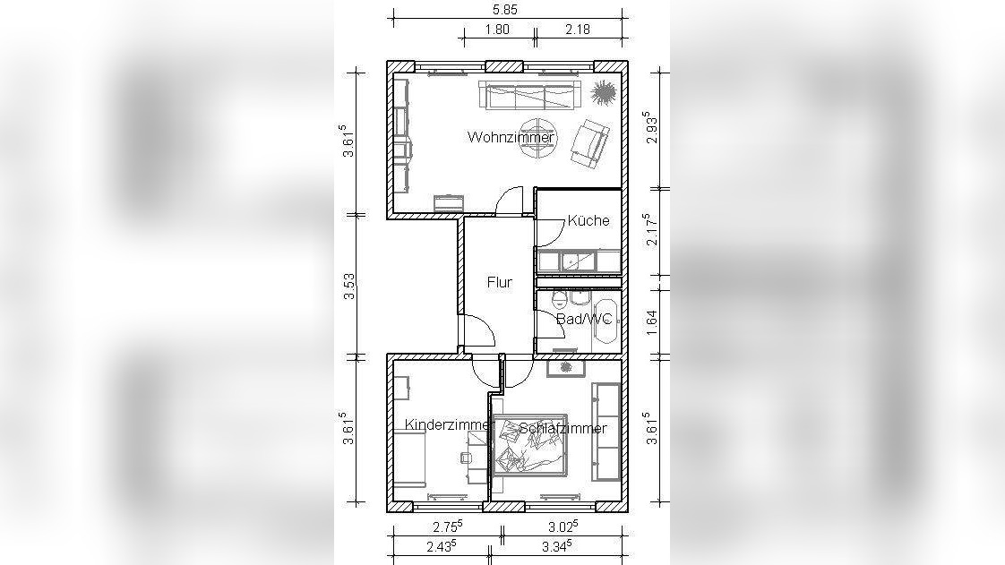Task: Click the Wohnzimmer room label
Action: (511, 137)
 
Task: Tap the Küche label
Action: (588, 220)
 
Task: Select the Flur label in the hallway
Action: (499, 282)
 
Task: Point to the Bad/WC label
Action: (584, 319)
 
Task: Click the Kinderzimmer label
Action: (450, 424)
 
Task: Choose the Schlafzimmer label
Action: (563, 428)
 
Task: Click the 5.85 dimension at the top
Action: (504, 10)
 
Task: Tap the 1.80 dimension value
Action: (497, 29)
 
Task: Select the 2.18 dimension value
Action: (578, 29)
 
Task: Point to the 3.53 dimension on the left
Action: (349, 287)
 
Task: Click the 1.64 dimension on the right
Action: (652, 323)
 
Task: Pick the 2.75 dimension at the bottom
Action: (447, 526)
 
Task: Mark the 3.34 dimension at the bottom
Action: (556, 546)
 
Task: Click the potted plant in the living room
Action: (603, 93)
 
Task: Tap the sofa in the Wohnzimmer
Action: (529, 96)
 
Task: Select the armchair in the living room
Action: (589, 145)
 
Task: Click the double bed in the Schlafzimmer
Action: (529, 445)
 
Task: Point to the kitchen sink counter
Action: (579, 261)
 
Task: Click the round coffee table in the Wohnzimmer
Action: (537, 139)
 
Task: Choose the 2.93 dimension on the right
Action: (652, 128)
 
